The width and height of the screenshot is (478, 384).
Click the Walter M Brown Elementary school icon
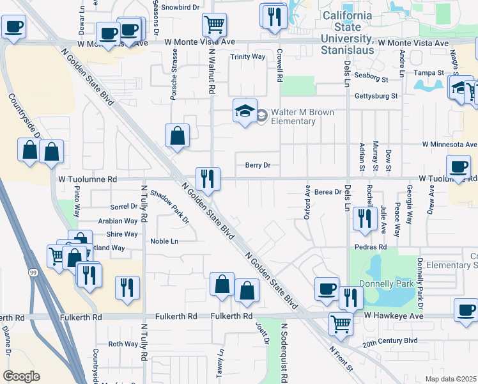pos(245,111)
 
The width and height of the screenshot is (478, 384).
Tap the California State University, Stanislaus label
pos(347,29)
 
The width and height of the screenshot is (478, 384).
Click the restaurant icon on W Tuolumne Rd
pos(207,179)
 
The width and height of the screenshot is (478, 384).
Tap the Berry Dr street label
pos(258,165)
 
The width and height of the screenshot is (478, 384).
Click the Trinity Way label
pos(248,57)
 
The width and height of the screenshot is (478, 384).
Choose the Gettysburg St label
pos(376,96)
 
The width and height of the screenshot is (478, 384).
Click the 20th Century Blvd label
pos(390,341)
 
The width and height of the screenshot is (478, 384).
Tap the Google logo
pos(21,376)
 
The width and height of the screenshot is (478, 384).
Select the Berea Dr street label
pos(328,191)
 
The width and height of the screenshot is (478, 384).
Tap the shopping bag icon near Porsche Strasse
pos(178,136)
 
